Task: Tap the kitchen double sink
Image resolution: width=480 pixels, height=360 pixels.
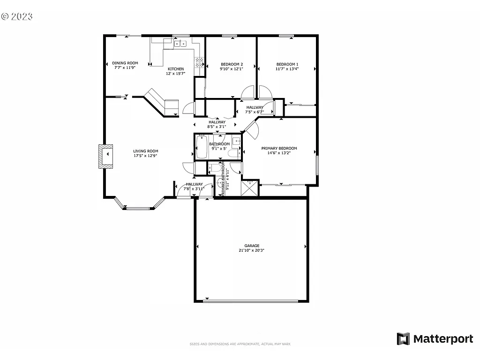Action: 179,44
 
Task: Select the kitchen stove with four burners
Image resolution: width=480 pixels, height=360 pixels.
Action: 199,60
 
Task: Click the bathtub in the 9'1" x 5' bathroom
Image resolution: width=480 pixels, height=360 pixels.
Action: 202,147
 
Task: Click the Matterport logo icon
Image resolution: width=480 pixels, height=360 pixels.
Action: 403,339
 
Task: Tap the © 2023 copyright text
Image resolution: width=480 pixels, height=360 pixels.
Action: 17,16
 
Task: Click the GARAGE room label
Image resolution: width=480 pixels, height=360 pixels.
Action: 252,246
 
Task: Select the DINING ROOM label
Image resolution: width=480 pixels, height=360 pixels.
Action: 125,63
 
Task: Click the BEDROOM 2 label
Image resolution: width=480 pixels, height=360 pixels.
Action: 232,64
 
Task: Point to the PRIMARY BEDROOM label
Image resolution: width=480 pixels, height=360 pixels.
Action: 279,148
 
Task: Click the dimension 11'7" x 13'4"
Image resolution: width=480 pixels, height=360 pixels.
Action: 287,69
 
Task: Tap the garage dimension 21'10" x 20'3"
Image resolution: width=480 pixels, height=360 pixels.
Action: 252,250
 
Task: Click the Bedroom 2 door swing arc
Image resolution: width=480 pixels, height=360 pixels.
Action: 248,91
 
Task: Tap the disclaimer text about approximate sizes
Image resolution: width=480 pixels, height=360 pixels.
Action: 240,344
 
